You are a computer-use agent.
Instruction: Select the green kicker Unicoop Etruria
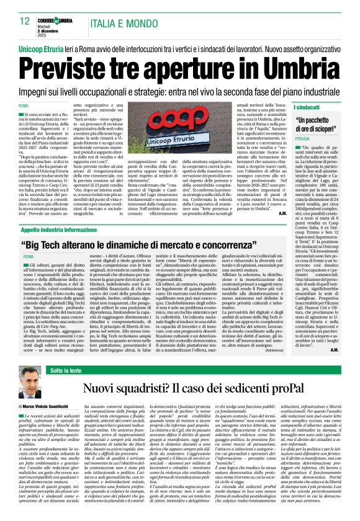(45, 47)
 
